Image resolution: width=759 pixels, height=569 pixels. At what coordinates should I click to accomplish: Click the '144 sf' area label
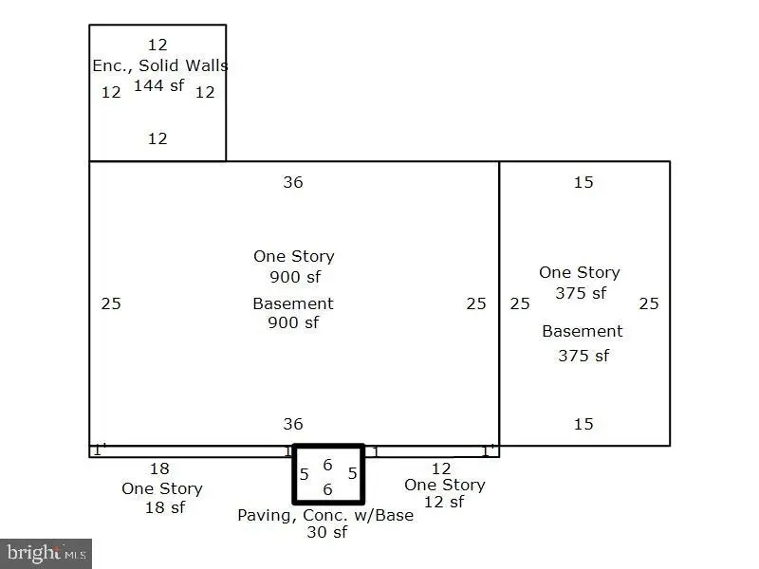158,85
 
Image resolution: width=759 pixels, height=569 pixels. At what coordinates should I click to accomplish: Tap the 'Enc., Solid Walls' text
160,65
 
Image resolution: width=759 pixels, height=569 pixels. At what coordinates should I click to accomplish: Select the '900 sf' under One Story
295,277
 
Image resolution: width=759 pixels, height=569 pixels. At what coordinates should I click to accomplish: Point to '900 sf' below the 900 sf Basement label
293,322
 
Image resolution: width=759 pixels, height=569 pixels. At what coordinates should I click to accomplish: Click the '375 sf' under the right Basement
583,356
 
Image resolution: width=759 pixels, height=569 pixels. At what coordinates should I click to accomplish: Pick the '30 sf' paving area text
326,532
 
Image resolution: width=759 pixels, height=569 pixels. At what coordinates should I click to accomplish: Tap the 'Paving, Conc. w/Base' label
325,515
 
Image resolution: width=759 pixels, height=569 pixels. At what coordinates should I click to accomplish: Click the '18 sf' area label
165,507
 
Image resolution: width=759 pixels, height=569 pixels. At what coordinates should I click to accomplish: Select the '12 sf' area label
444,503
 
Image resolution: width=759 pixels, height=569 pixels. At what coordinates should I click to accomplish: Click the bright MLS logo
46,554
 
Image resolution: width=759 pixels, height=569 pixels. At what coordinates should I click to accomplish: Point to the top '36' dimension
293,182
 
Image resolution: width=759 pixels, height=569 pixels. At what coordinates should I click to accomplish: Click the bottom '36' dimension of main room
293,424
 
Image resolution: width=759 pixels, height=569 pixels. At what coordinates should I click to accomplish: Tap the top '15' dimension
583,182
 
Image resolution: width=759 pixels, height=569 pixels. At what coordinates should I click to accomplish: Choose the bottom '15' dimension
583,424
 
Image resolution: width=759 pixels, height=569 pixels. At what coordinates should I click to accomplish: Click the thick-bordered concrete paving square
294,474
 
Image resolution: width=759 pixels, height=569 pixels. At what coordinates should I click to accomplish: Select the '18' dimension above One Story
159,468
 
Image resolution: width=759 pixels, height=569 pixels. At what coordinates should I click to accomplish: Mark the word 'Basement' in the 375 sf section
583,331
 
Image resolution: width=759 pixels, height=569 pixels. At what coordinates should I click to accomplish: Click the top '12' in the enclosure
157,45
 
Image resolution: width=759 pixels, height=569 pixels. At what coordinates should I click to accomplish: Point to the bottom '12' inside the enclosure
157,138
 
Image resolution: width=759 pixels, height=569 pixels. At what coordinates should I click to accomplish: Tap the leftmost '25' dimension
111,303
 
